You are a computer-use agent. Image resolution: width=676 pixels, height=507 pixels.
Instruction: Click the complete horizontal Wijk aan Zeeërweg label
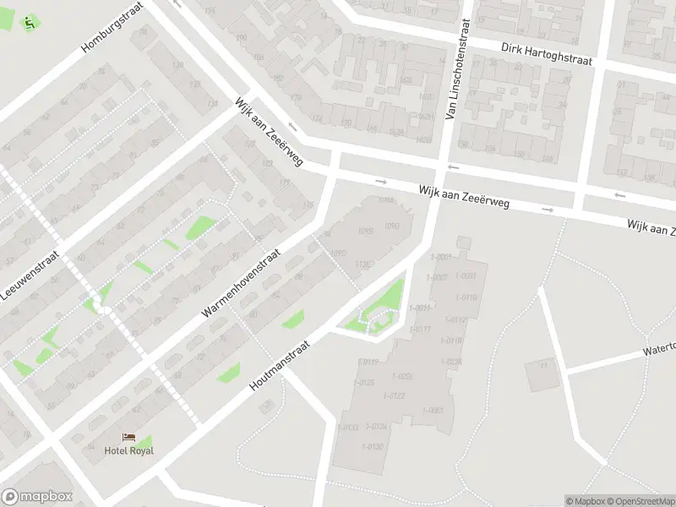pyautogui.click(x=464, y=199)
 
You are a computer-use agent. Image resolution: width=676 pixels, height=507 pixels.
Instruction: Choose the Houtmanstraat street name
pyautogui.click(x=281, y=366)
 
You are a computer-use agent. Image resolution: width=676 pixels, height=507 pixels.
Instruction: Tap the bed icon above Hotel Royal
pyautogui.click(x=129, y=437)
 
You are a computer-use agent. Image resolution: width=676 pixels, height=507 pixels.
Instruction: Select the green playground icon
pyautogui.click(x=30, y=23)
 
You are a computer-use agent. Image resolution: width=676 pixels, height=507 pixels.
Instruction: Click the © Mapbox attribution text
pyautogui.click(x=586, y=501)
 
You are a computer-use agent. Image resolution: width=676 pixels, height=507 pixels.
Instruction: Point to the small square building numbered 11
pyautogui.click(x=542, y=373)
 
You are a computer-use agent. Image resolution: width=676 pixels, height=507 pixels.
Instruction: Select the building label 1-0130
pyautogui.click(x=373, y=446)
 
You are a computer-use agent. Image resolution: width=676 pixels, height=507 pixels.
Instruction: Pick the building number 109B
pyautogui.click(x=366, y=230)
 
